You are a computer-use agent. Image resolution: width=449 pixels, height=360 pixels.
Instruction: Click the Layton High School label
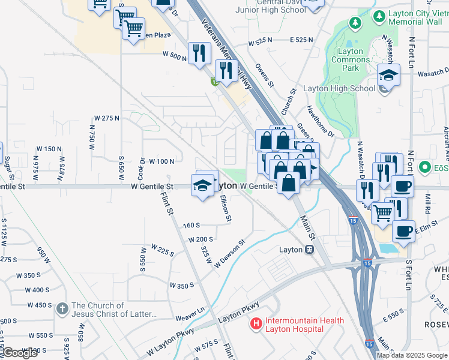339,88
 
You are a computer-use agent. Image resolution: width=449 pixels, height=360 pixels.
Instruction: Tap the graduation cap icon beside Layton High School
388,76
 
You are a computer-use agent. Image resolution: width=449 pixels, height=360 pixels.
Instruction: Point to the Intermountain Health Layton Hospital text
305,325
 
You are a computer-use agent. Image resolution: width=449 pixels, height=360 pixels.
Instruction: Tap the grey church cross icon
62,310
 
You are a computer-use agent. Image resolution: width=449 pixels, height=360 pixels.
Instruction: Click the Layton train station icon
309,250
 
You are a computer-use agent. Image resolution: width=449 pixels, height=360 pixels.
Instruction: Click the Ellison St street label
224,208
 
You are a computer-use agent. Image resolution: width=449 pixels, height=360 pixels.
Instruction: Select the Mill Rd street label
428,203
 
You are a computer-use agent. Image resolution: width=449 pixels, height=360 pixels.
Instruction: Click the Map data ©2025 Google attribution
412,355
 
